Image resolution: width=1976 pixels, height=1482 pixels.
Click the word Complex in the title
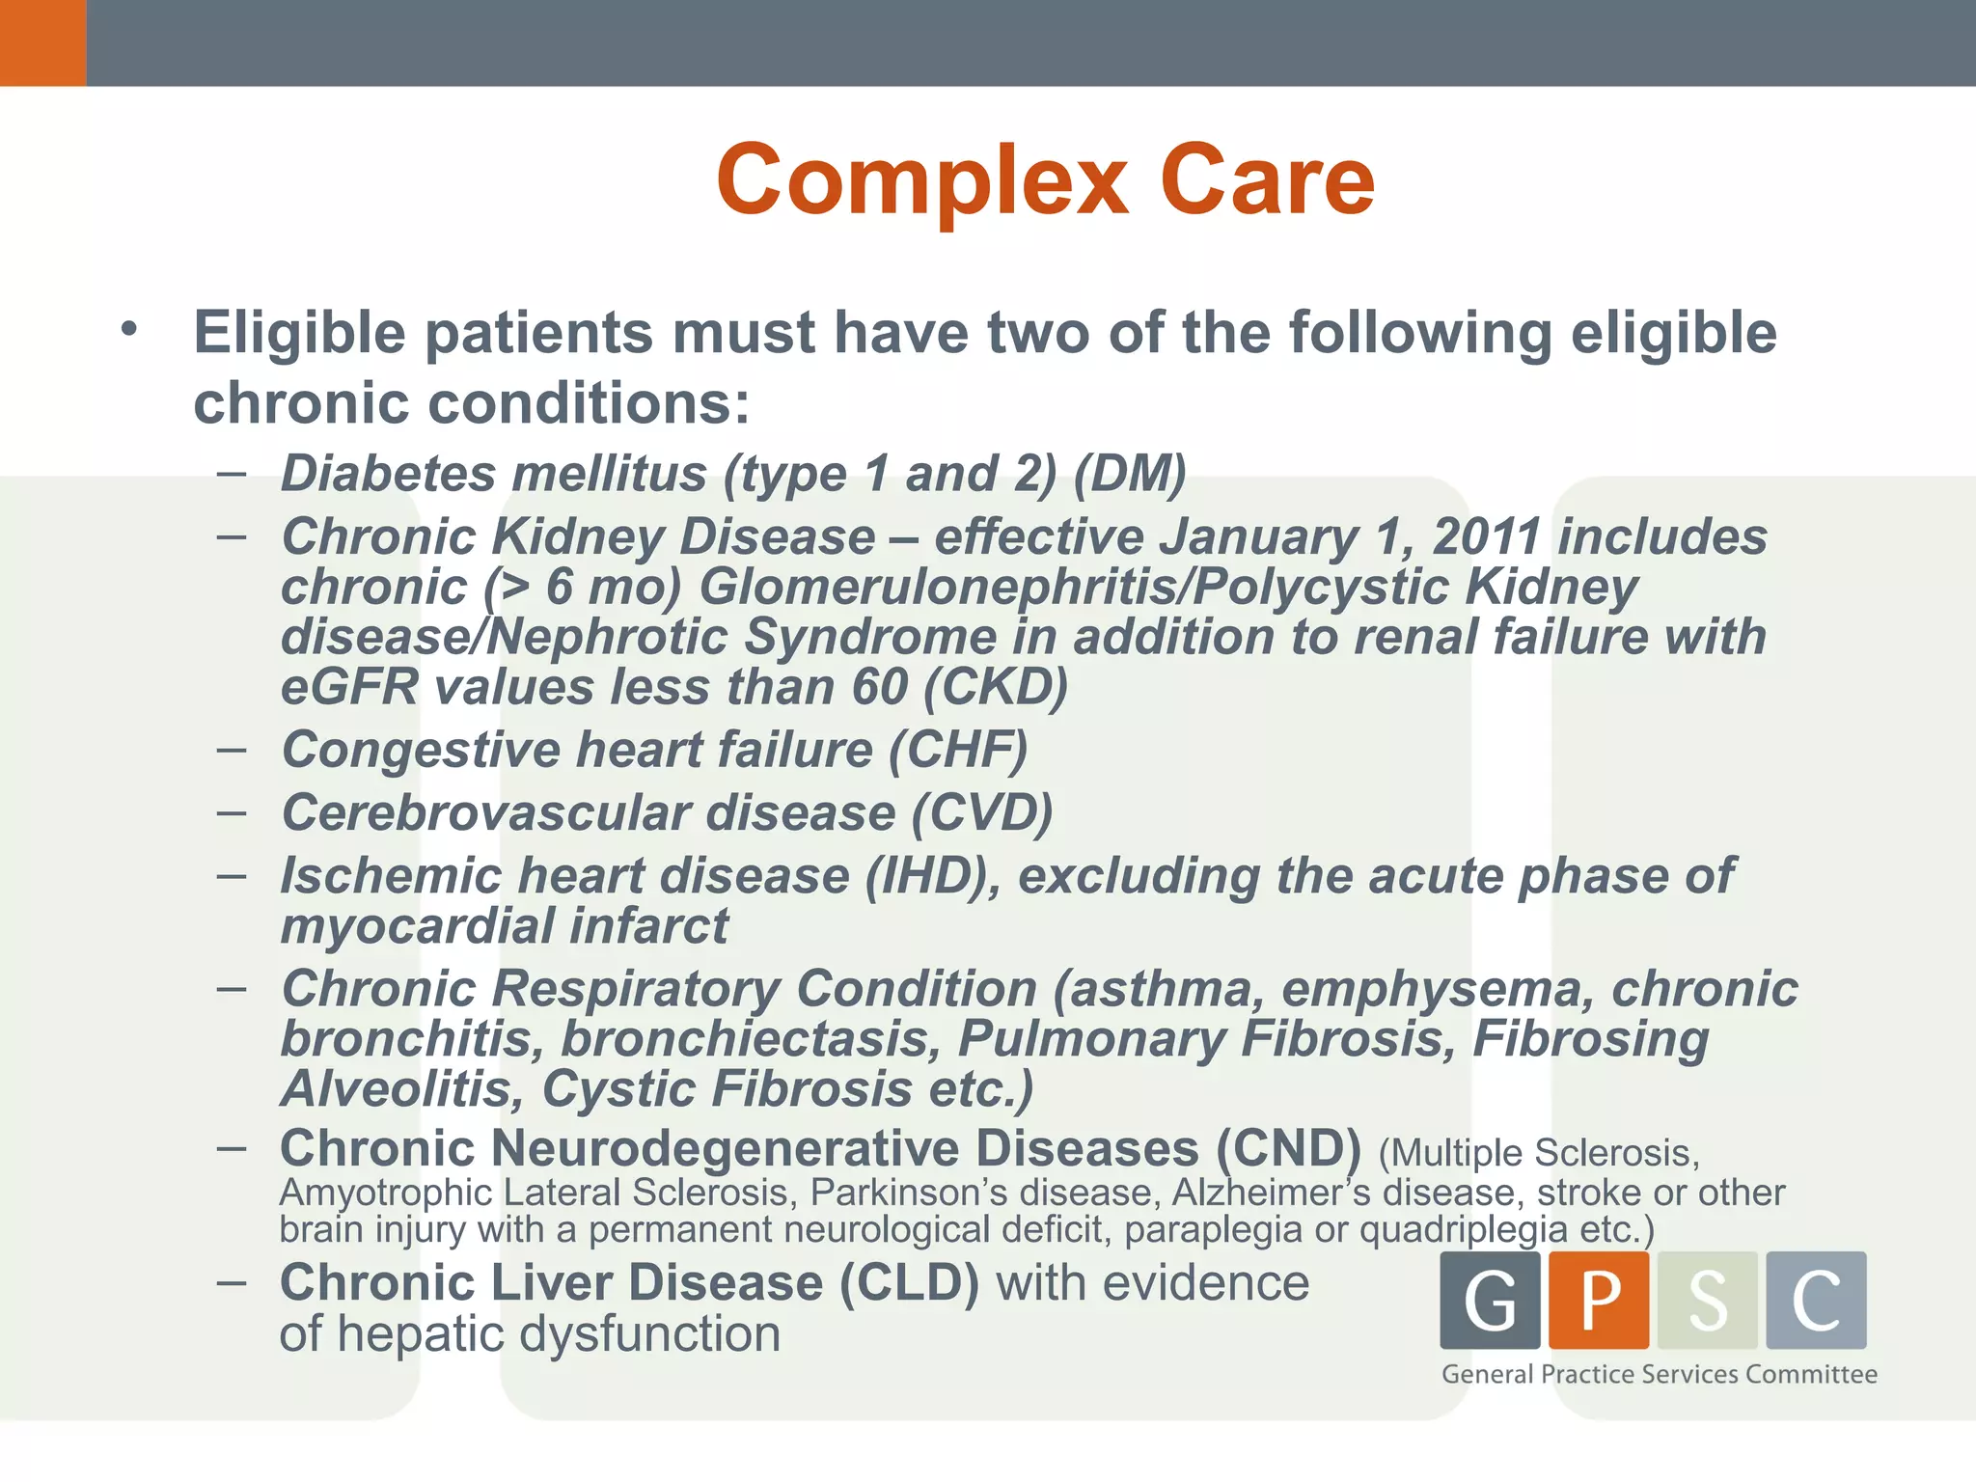[921, 180]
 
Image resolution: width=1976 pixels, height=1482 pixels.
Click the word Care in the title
[1267, 180]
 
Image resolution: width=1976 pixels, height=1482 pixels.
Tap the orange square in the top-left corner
[42, 42]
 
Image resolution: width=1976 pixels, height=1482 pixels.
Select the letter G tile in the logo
[1490, 1300]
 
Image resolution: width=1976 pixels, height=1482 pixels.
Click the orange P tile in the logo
[1599, 1300]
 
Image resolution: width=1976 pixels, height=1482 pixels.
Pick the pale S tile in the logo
[1708, 1300]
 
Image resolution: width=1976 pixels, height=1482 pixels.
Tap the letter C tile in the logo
[1816, 1300]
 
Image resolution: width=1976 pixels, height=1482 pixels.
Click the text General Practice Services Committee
[1660, 1374]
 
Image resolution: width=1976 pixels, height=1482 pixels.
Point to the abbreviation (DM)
[1130, 474]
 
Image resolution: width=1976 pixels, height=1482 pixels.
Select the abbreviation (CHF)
[958, 750]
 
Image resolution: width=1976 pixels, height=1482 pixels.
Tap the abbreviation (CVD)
[982, 812]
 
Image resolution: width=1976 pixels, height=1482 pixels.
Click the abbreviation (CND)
[1288, 1148]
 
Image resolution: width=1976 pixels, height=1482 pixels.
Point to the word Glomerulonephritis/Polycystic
[1072, 587]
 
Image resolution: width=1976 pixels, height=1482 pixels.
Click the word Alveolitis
[401, 1089]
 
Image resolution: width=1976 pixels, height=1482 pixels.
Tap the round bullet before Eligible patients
[129, 330]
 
